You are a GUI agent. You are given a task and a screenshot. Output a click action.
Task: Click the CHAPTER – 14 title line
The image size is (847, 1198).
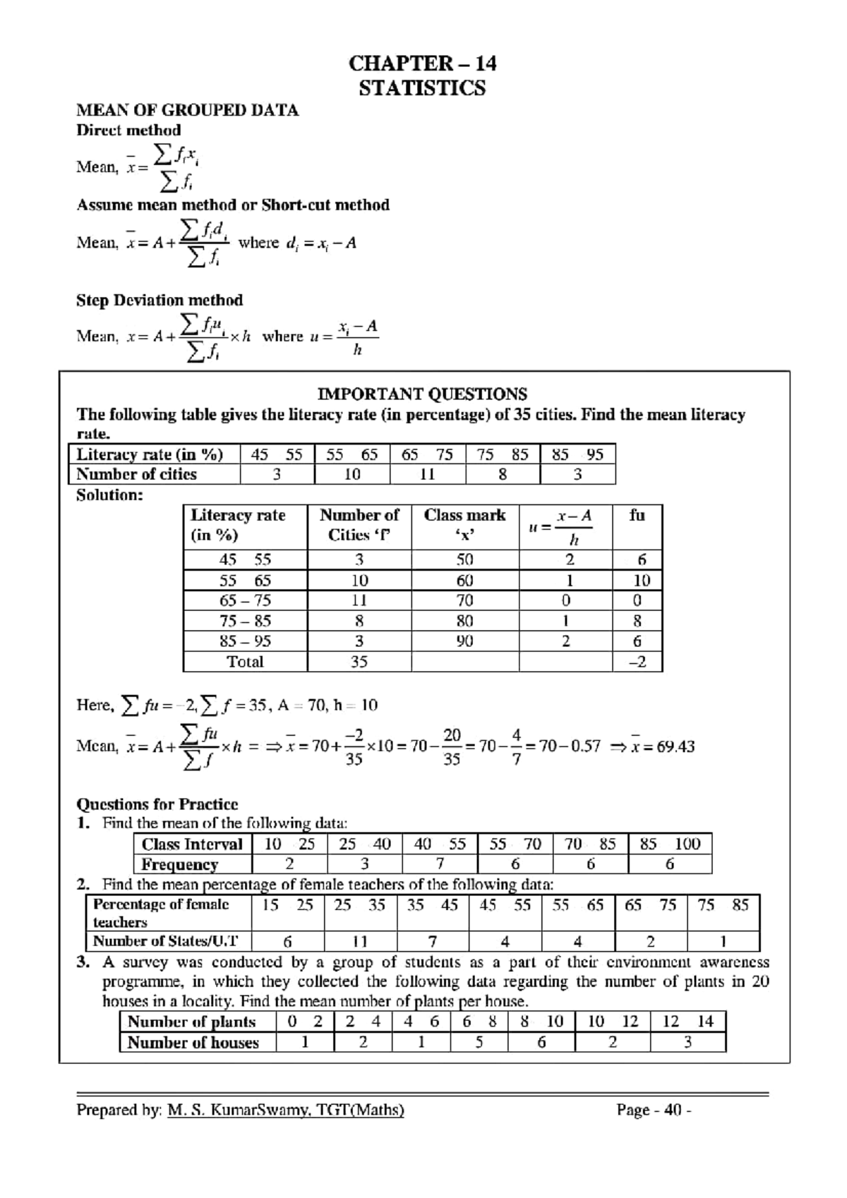(x=422, y=63)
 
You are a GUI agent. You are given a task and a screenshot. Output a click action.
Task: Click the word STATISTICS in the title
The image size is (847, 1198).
(x=422, y=88)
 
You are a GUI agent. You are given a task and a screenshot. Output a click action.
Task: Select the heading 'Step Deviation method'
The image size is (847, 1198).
(x=160, y=301)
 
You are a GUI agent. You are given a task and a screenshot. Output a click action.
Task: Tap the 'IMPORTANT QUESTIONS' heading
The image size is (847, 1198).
(x=422, y=394)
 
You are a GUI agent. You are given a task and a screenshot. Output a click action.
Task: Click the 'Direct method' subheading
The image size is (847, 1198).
(x=128, y=130)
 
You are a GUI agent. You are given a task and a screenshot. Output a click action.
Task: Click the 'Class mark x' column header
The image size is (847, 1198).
(x=464, y=525)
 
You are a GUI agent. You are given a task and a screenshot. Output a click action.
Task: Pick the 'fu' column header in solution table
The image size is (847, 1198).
(x=637, y=516)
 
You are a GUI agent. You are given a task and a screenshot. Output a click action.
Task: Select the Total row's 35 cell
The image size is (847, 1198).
(x=359, y=662)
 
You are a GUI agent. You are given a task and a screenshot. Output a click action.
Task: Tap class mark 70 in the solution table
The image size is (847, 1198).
(x=464, y=600)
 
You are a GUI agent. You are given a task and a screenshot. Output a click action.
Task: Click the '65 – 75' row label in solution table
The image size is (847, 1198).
(x=245, y=600)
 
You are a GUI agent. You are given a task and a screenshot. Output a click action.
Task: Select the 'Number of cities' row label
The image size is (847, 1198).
(x=137, y=474)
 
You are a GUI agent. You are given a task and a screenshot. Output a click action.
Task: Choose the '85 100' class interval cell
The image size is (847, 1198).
(x=669, y=844)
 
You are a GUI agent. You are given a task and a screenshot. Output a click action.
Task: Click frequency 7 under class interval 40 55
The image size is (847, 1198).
(x=440, y=864)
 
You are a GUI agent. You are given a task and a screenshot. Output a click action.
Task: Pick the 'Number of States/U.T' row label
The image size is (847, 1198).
(x=166, y=941)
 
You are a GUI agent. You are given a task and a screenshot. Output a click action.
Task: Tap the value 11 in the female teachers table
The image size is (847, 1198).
(x=360, y=941)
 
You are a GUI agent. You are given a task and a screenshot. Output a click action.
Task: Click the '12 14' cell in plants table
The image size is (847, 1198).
(x=687, y=1022)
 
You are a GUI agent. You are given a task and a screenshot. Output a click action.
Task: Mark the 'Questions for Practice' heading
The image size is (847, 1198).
(x=157, y=804)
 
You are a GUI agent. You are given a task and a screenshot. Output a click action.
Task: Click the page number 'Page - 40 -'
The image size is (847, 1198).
(x=654, y=1111)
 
